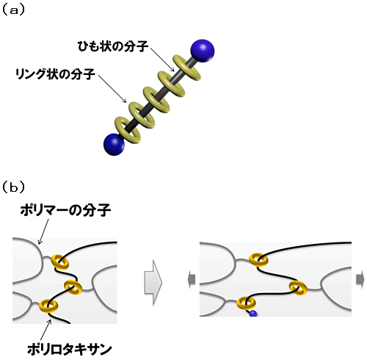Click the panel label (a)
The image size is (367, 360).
click(13, 10)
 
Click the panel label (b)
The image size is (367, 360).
click(13, 187)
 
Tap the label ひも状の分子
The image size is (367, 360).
click(113, 46)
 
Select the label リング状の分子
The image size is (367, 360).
click(55, 73)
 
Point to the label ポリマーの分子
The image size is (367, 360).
click(65, 210)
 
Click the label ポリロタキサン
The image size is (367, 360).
click(70, 349)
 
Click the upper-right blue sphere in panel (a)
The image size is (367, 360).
click(203, 51)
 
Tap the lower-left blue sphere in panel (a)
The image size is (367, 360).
click(114, 144)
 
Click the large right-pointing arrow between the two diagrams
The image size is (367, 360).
click(153, 282)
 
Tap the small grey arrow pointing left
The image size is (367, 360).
click(192, 279)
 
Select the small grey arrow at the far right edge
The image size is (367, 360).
click(360, 279)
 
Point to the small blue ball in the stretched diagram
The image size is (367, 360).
click(252, 314)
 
